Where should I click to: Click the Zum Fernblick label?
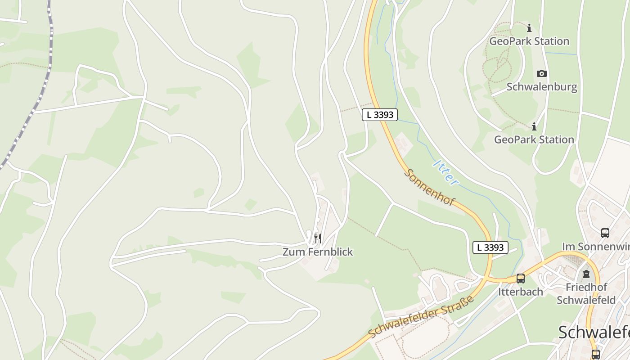(318, 252)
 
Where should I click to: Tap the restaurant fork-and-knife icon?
(318, 238)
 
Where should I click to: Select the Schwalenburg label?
(542, 87)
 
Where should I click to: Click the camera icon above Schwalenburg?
(542, 73)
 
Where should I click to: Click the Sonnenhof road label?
(430, 187)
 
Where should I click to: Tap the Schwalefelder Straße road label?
(421, 317)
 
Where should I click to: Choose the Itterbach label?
(521, 292)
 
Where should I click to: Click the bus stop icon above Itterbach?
(521, 279)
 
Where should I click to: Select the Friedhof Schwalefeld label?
(586, 293)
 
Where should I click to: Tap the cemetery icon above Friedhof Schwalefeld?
(586, 274)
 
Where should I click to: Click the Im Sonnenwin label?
(595, 247)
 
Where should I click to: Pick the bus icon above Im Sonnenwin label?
(605, 233)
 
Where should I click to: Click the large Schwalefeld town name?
(594, 333)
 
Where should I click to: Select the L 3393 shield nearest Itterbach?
(490, 247)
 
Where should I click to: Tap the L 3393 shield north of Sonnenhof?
(380, 115)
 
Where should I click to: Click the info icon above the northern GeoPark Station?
(529, 28)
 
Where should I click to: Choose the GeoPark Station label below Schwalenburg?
(534, 139)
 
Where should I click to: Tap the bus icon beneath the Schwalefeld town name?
(596, 354)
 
